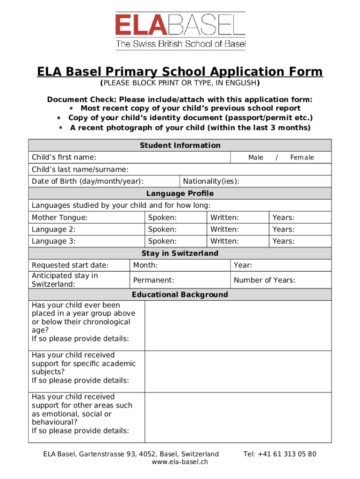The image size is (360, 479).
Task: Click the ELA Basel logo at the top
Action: (x=180, y=31)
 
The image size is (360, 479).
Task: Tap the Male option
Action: (x=256, y=158)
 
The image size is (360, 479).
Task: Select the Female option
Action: (x=302, y=158)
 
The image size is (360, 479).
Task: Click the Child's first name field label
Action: (x=64, y=157)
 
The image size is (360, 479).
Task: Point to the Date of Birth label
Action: (x=87, y=181)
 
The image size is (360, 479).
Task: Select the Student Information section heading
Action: (x=180, y=145)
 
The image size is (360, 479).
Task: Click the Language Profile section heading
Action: (x=180, y=194)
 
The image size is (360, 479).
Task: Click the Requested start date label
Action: (x=70, y=265)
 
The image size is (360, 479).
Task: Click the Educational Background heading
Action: (x=180, y=295)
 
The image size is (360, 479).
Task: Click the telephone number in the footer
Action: (x=280, y=454)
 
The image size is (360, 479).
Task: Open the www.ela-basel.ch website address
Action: (x=180, y=462)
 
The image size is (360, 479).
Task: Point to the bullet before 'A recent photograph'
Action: (x=61, y=128)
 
